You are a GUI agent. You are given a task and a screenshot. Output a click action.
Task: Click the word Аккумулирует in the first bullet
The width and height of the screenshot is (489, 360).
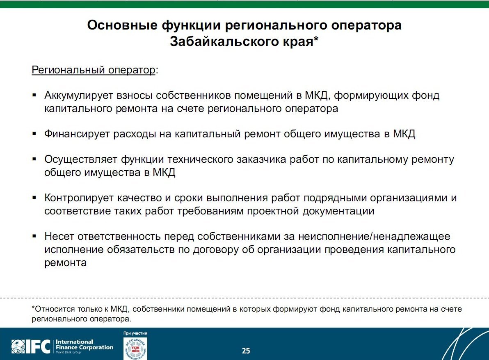pos(79,96)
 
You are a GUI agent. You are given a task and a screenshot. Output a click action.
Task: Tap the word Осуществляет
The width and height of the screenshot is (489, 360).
pos(81,159)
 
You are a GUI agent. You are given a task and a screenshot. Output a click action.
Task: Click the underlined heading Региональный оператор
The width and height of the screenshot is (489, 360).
pos(93,70)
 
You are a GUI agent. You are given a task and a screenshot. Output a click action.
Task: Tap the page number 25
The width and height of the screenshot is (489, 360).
pos(246,351)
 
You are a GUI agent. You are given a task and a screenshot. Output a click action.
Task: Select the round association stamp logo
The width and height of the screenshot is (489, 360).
pos(135,349)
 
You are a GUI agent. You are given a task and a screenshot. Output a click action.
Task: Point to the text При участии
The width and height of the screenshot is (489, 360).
pos(135,333)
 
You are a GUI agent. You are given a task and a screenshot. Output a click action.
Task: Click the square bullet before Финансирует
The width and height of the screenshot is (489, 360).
pos(34,133)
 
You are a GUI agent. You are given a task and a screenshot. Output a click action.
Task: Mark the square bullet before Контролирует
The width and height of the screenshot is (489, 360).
pos(34,197)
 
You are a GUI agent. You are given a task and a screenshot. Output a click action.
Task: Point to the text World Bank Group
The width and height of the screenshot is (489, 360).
pos(68,353)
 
